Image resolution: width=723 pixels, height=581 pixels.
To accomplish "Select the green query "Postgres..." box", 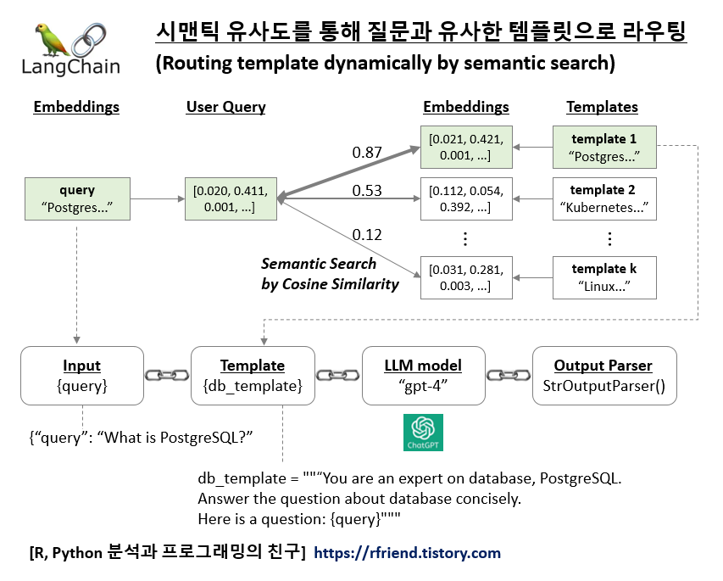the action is (x=77, y=199).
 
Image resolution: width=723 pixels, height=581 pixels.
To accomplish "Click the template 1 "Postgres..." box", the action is (x=603, y=147).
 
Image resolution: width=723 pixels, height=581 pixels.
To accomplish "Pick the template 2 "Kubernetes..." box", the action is (x=603, y=198).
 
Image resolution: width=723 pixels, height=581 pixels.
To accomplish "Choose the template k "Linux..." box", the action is (x=603, y=277).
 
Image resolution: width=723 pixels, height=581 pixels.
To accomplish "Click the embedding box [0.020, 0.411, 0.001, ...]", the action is (x=231, y=199).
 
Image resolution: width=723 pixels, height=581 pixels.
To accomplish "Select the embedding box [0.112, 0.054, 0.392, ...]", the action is (x=466, y=198).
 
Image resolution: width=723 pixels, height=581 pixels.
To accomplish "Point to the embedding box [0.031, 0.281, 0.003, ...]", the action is (x=466, y=277).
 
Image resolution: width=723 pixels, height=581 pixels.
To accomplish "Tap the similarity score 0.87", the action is (x=367, y=153).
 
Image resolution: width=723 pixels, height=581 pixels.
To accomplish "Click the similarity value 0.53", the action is (x=367, y=191).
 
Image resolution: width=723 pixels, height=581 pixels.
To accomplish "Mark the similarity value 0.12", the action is (x=367, y=235).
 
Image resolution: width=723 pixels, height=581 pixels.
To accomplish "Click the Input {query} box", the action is (x=81, y=375).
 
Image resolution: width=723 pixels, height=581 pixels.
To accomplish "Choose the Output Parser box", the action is (x=603, y=375).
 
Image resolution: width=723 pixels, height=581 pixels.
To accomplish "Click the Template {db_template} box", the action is (x=253, y=375).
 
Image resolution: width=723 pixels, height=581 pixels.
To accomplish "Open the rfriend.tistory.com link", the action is (x=407, y=553).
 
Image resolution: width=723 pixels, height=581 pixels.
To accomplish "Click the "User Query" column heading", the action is (x=225, y=107).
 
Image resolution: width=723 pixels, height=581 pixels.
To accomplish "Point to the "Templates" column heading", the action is (x=602, y=107).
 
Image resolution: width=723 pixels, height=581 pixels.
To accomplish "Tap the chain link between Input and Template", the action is (x=167, y=375).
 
